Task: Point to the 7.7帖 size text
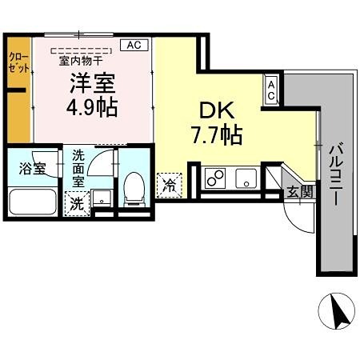[x=212, y=135]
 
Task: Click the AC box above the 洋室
[x=134, y=46]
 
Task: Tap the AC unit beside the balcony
[x=272, y=90]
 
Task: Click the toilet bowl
[x=134, y=190]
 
